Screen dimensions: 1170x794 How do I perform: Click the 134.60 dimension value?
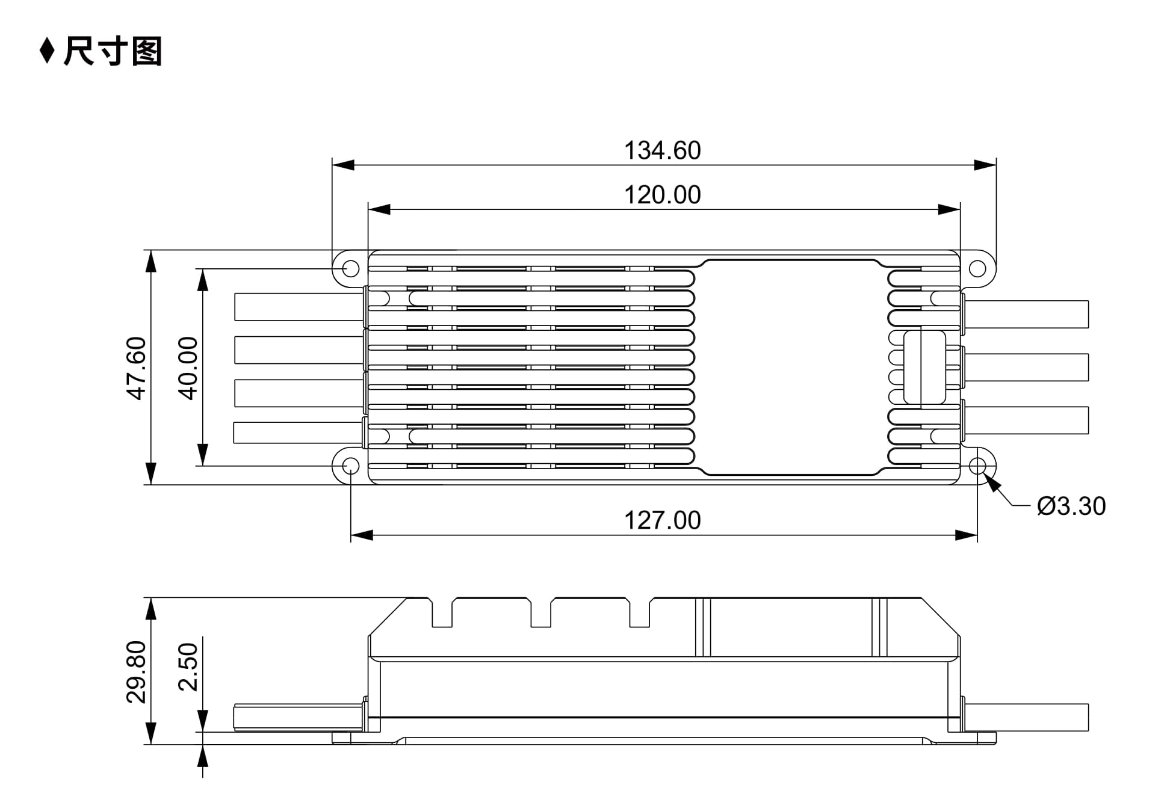tap(662, 150)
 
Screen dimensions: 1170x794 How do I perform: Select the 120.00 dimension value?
tap(662, 195)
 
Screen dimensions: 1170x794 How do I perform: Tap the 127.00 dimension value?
tap(662, 520)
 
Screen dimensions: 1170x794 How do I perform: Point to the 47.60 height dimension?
tap(137, 368)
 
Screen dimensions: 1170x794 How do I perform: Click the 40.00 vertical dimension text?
tap(188, 368)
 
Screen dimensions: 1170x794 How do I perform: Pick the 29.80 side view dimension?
tap(137, 672)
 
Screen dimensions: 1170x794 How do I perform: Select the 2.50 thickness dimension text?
tap(188, 666)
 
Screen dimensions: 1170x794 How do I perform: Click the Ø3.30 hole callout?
tap(1071, 506)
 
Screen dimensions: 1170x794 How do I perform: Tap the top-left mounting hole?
tap(351, 268)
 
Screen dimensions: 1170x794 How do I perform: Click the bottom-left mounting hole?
tap(351, 466)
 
